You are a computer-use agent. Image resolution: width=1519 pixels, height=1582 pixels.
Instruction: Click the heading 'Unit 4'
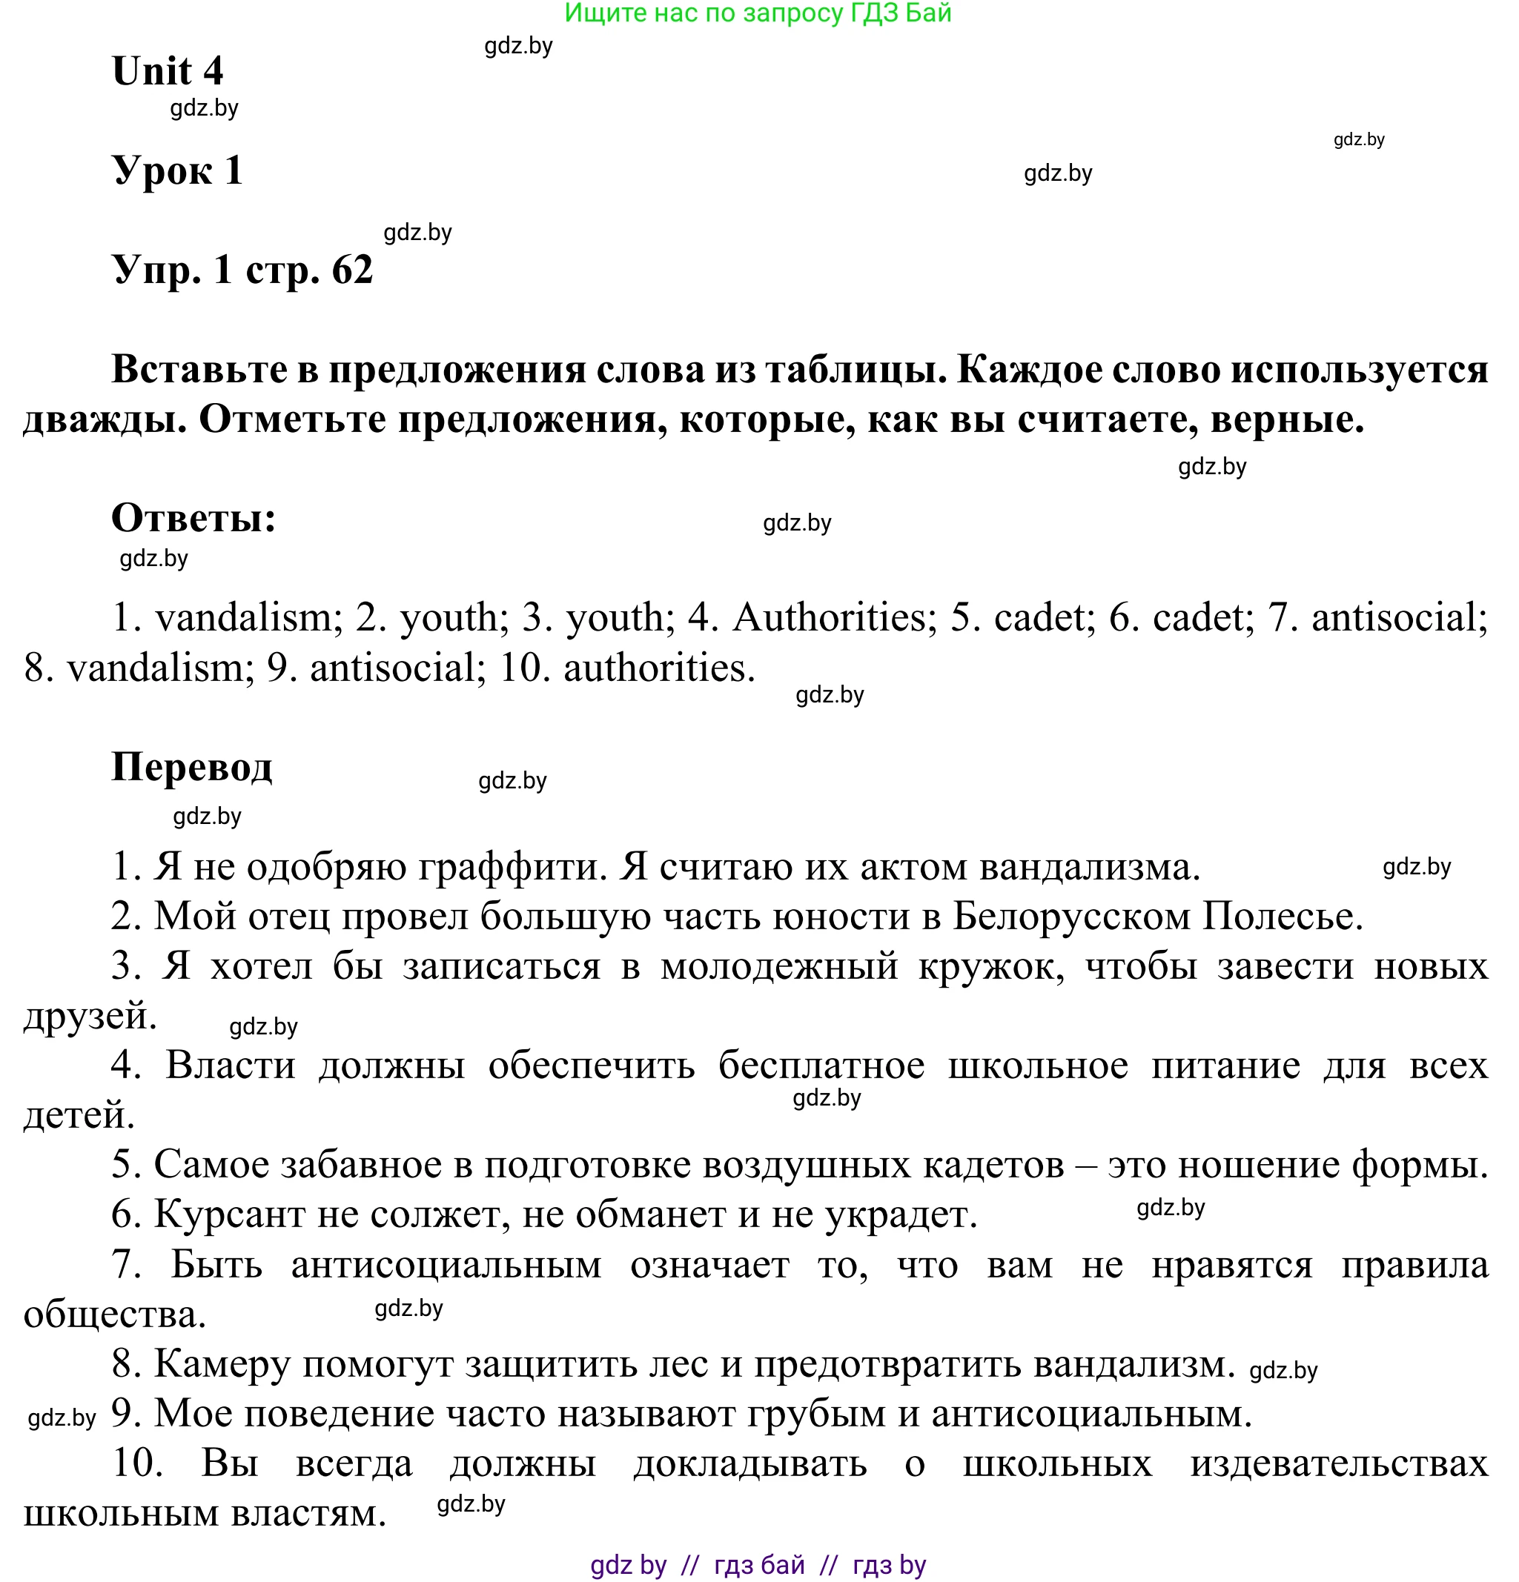167,71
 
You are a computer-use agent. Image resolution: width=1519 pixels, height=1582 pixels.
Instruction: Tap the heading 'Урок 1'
177,170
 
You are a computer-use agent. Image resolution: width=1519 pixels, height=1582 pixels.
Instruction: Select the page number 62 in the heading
352,270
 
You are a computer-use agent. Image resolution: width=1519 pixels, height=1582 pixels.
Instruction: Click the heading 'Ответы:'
193,518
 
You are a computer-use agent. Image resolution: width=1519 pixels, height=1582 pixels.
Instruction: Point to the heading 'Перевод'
191,767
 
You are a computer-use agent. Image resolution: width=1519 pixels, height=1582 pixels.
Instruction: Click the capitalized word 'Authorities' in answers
830,618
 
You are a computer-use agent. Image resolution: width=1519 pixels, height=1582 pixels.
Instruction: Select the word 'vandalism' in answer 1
243,618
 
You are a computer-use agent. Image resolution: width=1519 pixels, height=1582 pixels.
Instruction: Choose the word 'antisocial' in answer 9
392,668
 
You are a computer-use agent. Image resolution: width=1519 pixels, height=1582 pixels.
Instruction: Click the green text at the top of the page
758,13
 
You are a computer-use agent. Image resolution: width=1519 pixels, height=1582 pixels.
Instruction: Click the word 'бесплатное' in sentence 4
821,1066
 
